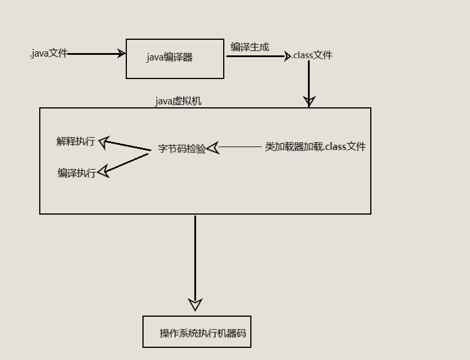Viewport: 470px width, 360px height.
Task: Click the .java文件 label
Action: [x=49, y=54]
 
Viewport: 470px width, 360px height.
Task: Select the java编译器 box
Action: [x=175, y=58]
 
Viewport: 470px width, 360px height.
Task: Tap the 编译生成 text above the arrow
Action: [x=250, y=47]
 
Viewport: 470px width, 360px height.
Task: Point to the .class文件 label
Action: [x=312, y=55]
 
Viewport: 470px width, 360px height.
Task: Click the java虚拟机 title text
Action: [x=178, y=101]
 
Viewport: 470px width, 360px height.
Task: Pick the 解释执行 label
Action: [x=76, y=141]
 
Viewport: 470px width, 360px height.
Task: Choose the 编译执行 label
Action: [x=77, y=173]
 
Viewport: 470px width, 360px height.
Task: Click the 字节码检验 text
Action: [x=182, y=149]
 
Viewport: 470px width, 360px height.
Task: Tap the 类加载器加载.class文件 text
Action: [x=315, y=147]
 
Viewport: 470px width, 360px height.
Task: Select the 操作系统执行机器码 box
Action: [x=197, y=332]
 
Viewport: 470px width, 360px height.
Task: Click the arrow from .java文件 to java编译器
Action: [x=95, y=54]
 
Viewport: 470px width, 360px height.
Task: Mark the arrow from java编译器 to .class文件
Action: [x=257, y=56]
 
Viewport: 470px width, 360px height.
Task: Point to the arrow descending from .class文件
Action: [x=309, y=81]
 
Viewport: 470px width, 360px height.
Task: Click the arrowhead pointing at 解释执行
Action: [x=104, y=141]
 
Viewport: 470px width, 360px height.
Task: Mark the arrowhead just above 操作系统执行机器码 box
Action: [x=195, y=305]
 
